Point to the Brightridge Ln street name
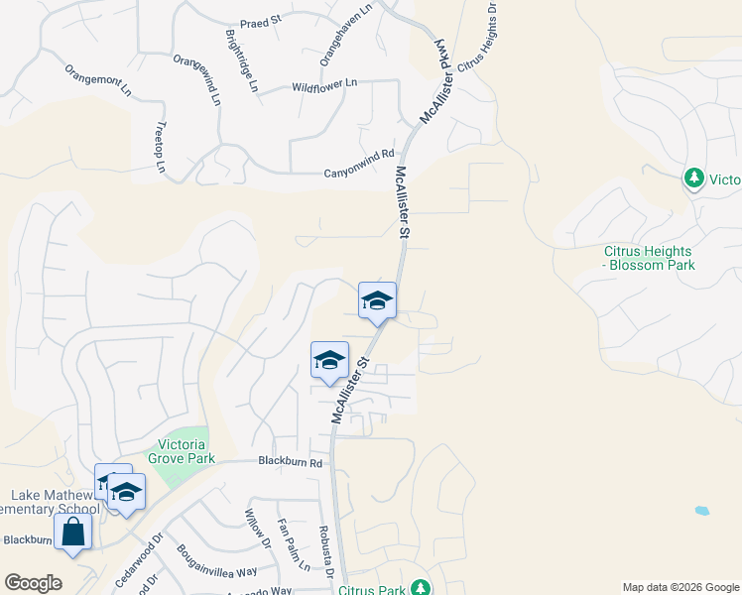click(x=241, y=61)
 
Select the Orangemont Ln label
click(x=98, y=80)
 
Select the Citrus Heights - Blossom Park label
click(x=650, y=258)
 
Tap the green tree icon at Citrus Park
click(x=421, y=587)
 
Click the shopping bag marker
click(x=72, y=531)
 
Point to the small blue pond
click(x=702, y=511)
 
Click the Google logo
click(x=32, y=583)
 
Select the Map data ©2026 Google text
click(x=680, y=587)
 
